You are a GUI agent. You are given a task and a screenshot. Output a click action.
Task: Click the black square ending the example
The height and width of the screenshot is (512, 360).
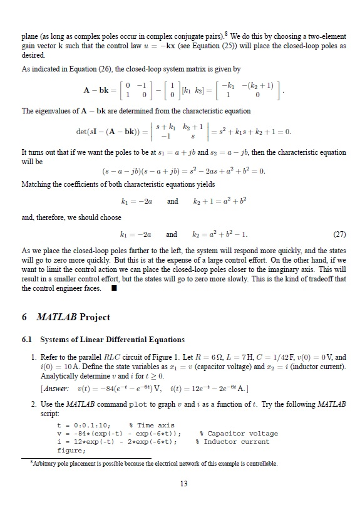(x=115, y=288)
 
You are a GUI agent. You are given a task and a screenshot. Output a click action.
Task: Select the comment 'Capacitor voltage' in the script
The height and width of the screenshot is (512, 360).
(x=238, y=434)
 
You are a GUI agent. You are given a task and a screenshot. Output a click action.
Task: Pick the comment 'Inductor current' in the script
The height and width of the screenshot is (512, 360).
(x=236, y=441)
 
